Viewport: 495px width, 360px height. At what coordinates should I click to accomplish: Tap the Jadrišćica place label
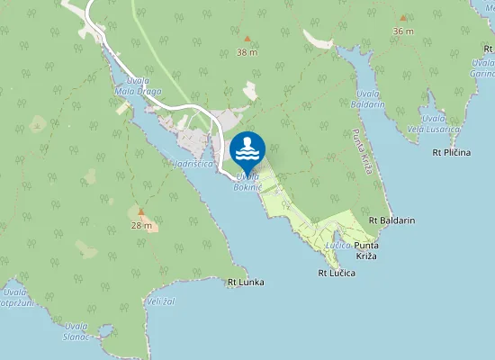[193, 164]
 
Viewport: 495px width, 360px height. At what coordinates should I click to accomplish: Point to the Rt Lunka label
[246, 283]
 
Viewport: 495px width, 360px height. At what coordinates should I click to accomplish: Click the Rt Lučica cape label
[337, 272]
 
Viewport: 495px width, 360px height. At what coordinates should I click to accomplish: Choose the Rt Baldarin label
[391, 220]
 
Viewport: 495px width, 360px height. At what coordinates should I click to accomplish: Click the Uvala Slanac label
[76, 330]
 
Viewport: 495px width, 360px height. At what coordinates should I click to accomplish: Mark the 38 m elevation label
[247, 52]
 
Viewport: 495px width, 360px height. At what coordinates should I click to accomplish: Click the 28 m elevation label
[140, 224]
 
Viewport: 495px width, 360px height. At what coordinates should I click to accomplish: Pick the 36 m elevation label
[403, 31]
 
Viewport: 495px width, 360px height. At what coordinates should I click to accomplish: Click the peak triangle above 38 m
[247, 40]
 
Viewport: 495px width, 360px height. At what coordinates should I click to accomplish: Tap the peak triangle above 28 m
[140, 212]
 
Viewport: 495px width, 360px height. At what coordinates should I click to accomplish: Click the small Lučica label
[338, 245]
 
